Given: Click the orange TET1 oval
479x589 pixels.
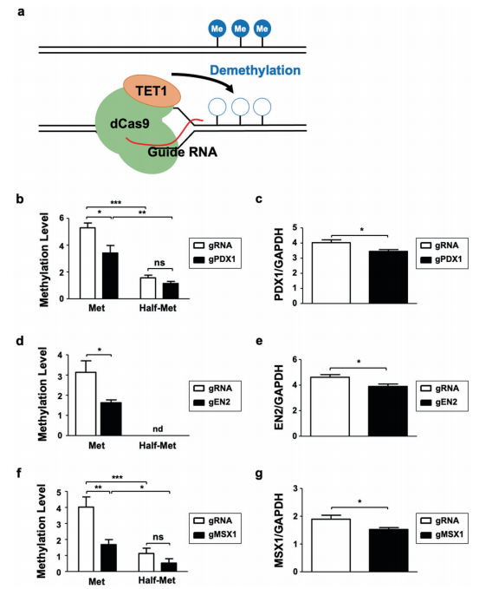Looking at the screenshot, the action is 152,90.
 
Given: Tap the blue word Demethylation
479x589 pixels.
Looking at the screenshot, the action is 255,70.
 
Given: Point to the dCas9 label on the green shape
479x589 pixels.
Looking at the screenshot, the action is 129,123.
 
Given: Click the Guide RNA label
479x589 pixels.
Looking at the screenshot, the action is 182,152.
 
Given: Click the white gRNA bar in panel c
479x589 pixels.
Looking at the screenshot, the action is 331,272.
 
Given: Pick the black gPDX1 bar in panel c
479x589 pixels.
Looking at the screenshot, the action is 388,278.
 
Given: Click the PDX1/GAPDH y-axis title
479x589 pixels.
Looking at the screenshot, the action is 280,265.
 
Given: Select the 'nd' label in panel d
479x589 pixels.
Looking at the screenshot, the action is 158,429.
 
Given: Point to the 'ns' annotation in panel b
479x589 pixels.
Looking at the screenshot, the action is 159,263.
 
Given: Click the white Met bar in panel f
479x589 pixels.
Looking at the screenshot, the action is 87,539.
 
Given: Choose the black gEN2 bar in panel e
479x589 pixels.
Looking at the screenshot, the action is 388,411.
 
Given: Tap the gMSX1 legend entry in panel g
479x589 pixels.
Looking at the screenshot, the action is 442,534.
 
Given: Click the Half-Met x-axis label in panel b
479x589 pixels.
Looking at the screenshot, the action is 158,309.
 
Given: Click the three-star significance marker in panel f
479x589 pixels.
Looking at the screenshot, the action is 117,478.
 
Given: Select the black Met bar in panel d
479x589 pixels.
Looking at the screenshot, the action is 112,419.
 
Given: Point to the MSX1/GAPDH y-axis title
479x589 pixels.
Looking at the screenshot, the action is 279,530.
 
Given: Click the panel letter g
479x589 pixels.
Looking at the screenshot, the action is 258,474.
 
